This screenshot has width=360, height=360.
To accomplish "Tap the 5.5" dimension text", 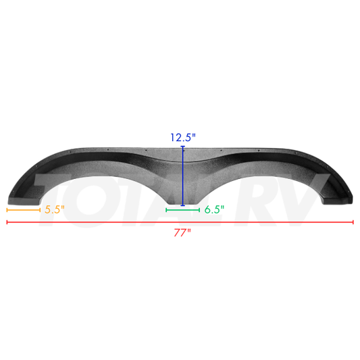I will (x=54, y=210).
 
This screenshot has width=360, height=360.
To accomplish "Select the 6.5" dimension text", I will (x=214, y=210).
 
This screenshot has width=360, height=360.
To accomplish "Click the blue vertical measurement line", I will (x=183, y=176).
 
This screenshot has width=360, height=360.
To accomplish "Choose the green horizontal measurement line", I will (x=182, y=210).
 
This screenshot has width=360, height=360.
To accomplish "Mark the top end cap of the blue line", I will (x=183, y=146).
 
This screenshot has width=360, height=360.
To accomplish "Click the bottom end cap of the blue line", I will (x=183, y=205).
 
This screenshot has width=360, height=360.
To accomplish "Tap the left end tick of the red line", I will (x=7, y=222).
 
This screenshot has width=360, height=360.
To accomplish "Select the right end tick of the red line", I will (x=353, y=222).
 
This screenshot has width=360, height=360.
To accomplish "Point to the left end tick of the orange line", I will (x=7, y=210).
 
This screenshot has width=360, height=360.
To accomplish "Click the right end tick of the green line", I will (x=199, y=210).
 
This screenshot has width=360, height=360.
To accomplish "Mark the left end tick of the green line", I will (x=167, y=210).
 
